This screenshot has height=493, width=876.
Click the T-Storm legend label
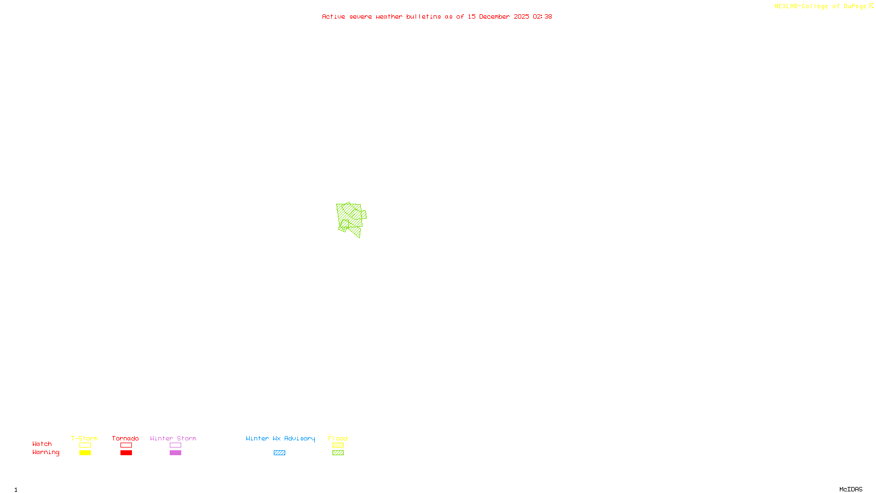pos(84,438)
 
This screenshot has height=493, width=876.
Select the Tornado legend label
pos(125,438)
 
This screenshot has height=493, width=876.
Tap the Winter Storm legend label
pos(173,438)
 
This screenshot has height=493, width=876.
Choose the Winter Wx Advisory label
pos(280,438)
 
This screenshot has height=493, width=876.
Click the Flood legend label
pos(338,438)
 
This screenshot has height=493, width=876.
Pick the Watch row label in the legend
pos(42,444)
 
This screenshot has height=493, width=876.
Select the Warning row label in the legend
pos(45,452)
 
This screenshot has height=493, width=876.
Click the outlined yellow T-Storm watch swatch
pos(85,445)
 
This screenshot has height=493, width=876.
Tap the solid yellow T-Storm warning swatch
pos(85,453)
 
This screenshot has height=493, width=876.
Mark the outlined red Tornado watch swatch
pos(126,445)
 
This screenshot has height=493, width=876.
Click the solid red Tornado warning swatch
pos(126,453)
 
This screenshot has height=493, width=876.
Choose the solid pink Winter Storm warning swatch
pos(175,453)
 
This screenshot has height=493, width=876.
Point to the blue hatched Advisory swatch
pos(279,453)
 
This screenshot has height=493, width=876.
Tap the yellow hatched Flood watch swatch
pos(338,445)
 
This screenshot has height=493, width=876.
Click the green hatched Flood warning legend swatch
pos(338,453)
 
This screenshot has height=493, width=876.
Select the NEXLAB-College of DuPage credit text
pos(820,7)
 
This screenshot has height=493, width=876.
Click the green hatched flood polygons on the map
pos(350,218)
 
